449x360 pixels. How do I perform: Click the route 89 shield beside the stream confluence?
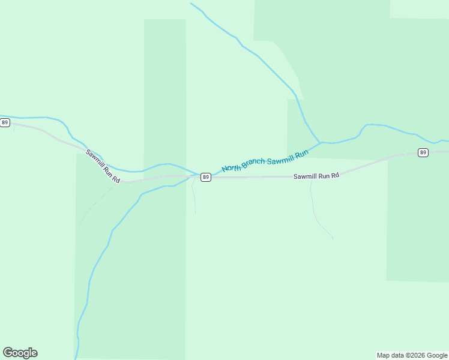tap(206, 177)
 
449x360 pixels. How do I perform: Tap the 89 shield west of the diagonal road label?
tap(5, 122)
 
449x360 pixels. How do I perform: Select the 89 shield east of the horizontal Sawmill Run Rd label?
tap(423, 152)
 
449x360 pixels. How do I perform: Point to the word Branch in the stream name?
tap(253, 162)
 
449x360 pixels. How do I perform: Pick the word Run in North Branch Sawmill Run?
tap(301, 154)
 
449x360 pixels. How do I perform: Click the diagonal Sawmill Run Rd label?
tap(103, 166)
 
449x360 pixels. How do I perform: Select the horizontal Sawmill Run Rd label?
tap(316, 176)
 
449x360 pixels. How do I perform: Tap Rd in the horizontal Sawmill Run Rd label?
tap(335, 175)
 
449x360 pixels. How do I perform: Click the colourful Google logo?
tap(20, 353)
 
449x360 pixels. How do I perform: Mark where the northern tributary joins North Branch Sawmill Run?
tap(321, 143)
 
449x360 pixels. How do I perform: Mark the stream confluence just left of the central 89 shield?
tap(193, 175)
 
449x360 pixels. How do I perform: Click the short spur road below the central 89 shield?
tap(194, 198)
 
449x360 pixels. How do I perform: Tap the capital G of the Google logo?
tap(8, 353)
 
